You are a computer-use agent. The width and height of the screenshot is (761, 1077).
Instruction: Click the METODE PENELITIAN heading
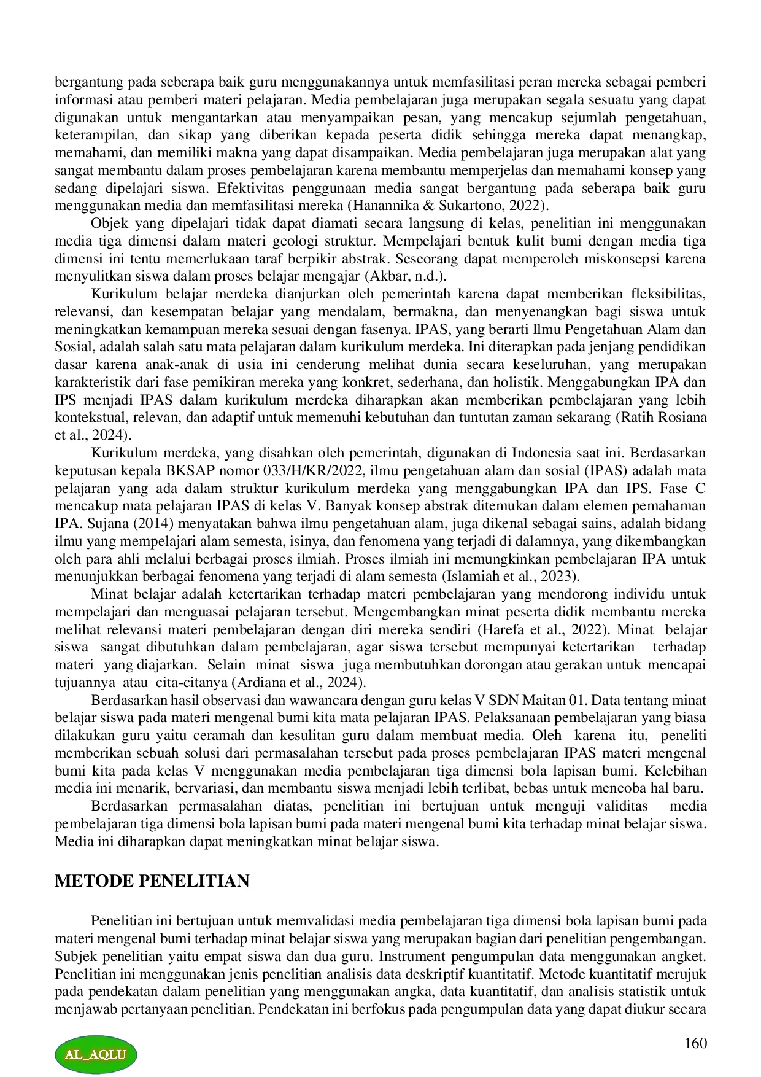[x=152, y=881]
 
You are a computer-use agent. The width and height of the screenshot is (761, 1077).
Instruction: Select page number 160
[x=695, y=1043]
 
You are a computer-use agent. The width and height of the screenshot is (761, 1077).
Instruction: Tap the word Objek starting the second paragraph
[x=107, y=223]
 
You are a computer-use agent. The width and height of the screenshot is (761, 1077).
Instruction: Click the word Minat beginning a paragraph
[x=107, y=594]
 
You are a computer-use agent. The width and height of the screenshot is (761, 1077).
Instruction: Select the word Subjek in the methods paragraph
[x=74, y=957]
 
